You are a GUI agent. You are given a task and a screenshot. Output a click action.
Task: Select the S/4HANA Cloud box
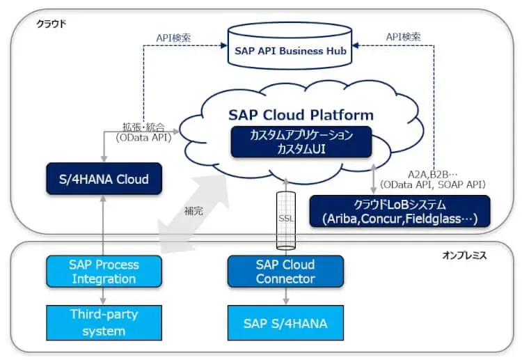pos(104,179)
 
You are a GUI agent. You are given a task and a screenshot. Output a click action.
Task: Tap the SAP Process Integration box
pos(104,272)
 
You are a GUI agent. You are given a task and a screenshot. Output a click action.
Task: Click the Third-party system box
pos(104,322)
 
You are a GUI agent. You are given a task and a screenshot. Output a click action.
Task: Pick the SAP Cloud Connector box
pos(285,272)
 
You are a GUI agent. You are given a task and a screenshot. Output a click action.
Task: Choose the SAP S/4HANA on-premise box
pos(285,323)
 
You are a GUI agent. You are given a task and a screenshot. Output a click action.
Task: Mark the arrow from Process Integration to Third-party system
pos(104,295)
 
